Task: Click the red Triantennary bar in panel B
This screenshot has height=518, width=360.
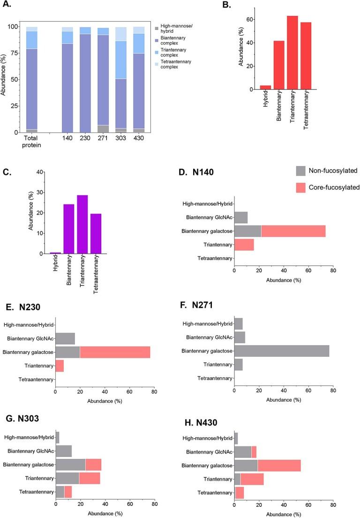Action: pos(292,59)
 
